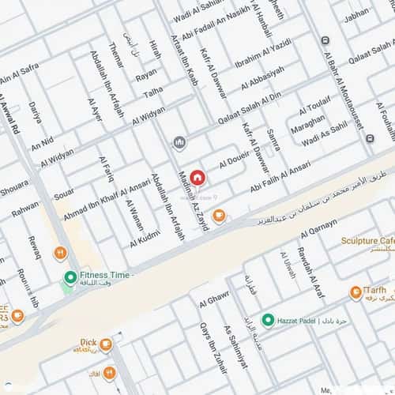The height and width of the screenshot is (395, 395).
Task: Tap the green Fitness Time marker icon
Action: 70,277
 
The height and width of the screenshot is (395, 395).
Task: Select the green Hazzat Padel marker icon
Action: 268,320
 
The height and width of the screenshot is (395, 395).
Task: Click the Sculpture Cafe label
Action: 367,240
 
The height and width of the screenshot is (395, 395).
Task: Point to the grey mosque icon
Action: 179,142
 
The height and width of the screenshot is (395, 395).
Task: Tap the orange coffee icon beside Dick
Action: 106,345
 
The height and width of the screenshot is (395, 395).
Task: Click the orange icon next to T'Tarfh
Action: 355,293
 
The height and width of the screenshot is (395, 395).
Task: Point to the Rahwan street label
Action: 25,208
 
